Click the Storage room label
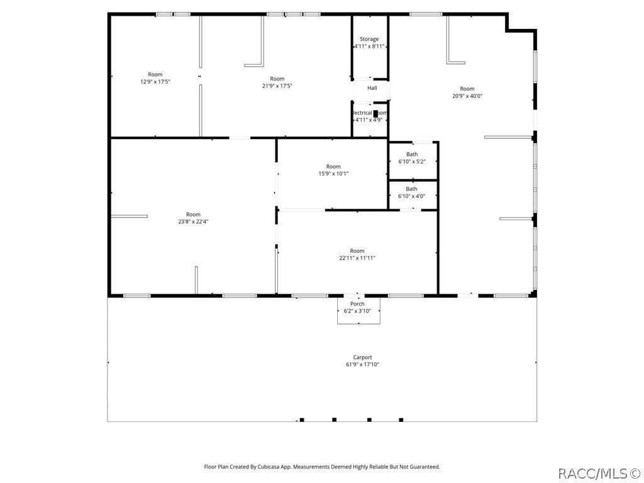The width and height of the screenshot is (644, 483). pos(369,39)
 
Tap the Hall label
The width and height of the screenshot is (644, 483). pos(372,88)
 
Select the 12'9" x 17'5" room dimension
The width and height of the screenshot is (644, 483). pos(155,82)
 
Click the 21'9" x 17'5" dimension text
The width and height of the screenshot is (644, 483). pos(277,86)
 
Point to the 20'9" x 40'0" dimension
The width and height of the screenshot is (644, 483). pos(467,96)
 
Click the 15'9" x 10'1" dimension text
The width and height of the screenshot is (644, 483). pos(333,174)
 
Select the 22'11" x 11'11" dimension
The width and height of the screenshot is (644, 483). pos(357,258)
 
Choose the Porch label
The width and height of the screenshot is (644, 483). pos(357,304)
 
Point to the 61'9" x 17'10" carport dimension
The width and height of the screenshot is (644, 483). pos(362,365)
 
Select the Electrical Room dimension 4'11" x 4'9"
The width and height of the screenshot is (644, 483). pos(369,120)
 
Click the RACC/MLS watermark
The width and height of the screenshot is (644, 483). pos(599,472)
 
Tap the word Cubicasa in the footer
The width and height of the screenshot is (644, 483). pos(272,467)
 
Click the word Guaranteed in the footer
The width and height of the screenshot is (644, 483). pos(423,467)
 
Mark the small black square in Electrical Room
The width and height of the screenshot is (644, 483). pos(375,113)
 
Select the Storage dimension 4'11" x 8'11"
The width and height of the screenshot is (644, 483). pos(369,47)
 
